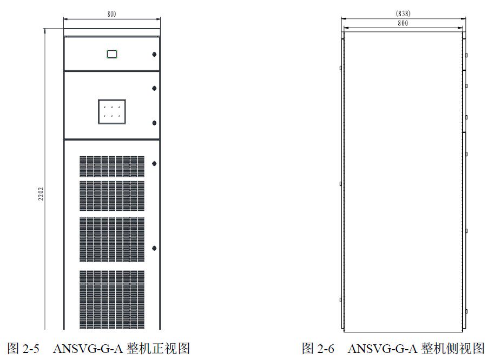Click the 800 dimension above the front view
click(111, 14)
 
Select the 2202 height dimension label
click(40, 195)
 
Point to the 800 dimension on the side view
click(403, 23)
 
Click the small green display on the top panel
click(112, 54)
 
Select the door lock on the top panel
click(154, 54)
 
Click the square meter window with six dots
click(112, 111)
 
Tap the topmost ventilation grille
click(112, 166)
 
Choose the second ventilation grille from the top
click(112, 195)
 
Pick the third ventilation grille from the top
click(112, 239)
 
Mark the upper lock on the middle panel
click(154, 88)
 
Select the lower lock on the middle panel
click(154, 123)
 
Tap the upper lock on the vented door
click(154, 163)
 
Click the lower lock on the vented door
click(154, 248)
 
